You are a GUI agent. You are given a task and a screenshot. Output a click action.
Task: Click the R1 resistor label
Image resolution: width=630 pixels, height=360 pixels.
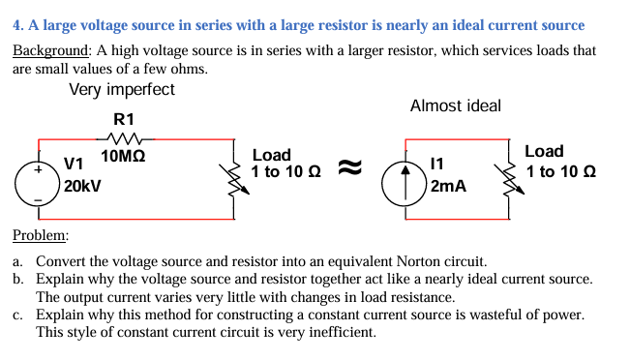pyautogui.click(x=123, y=119)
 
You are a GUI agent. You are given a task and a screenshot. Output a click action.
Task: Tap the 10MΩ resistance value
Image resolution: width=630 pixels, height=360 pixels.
pyautogui.click(x=123, y=156)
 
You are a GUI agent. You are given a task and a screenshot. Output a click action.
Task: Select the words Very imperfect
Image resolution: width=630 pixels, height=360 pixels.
pyautogui.click(x=122, y=91)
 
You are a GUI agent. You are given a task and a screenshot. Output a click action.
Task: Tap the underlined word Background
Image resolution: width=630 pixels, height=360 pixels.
pyautogui.click(x=51, y=49)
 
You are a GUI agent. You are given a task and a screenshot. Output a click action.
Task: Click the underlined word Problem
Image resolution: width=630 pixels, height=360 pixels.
pyautogui.click(x=41, y=236)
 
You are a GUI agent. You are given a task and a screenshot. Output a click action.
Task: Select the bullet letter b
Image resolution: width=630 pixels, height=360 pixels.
pyautogui.click(x=18, y=280)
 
